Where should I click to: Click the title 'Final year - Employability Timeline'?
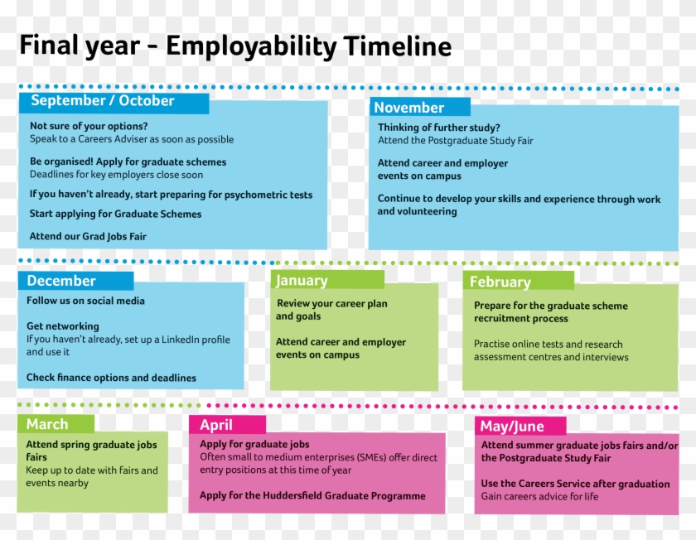tap(235, 46)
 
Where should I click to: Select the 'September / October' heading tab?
tap(104, 101)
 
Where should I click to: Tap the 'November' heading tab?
tap(409, 108)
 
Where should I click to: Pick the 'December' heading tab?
tap(62, 281)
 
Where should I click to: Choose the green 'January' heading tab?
tap(302, 281)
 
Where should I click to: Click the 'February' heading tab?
tap(500, 282)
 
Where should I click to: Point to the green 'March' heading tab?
tap(48, 424)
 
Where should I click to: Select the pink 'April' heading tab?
tap(216, 425)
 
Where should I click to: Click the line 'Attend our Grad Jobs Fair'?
tap(88, 236)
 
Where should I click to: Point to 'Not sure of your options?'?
tap(89, 126)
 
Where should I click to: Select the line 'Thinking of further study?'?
tap(439, 128)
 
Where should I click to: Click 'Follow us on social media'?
tap(85, 301)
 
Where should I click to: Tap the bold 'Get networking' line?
tap(63, 326)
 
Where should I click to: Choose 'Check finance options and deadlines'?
tap(111, 378)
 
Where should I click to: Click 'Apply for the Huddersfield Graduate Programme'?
tap(312, 496)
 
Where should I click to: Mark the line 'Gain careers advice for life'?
tap(539, 497)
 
